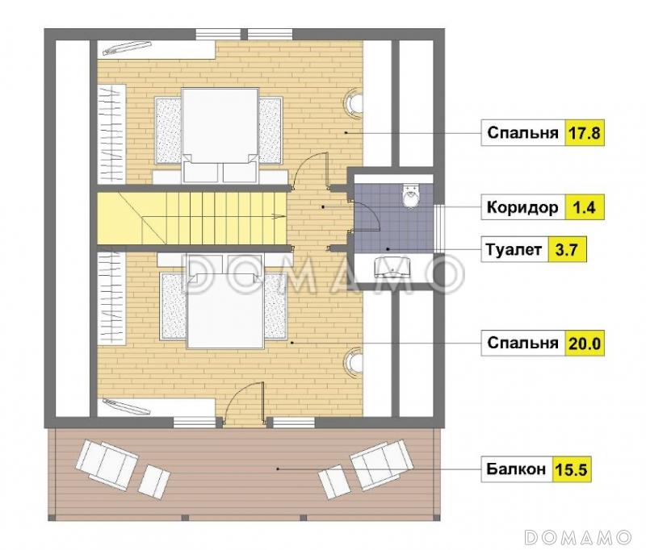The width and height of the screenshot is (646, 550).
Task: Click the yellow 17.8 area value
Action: [x=584, y=133]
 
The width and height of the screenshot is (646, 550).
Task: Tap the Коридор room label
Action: [x=522, y=207]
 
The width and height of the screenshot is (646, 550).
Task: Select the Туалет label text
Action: [x=514, y=250]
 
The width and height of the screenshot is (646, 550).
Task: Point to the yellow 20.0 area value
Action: [x=584, y=343]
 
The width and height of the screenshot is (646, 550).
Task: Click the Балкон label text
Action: [x=516, y=469]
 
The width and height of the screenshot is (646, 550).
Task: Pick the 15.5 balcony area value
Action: [x=571, y=469]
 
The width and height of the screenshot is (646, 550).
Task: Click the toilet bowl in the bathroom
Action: [x=411, y=195]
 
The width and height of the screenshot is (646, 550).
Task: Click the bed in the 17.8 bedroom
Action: [x=220, y=135]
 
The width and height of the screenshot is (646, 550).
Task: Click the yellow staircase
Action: [x=191, y=218]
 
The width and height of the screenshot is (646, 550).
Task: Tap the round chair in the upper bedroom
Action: [x=354, y=103]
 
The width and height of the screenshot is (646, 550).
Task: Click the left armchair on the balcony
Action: [x=107, y=465]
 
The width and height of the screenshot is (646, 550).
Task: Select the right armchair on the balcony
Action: [x=381, y=465]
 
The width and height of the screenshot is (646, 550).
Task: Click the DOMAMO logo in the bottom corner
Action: [x=577, y=536]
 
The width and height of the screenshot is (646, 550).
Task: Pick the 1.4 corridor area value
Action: [x=584, y=207]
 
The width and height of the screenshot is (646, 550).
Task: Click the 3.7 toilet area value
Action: [x=567, y=250]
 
